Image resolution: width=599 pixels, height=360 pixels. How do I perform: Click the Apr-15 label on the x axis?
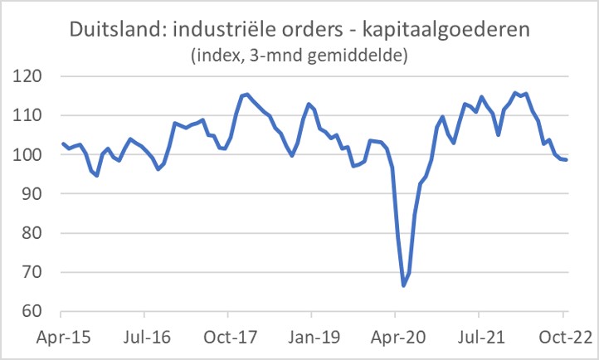coord(61,338)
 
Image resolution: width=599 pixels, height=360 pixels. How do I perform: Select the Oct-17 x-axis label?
coord(228,338)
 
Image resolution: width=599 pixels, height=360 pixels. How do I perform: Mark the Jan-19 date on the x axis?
coord(311,338)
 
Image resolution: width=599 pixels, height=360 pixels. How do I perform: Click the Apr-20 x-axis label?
coord(395,338)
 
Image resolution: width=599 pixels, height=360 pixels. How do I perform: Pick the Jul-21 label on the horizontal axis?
coord(478,338)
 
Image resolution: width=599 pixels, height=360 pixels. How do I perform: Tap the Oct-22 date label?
coord(562,338)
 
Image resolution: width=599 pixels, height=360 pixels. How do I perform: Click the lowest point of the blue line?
coord(404,285)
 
